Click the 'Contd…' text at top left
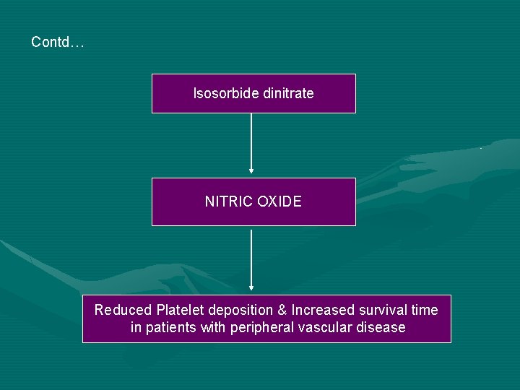(58, 43)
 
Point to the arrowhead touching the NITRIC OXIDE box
(251, 171)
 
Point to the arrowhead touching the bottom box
(251, 288)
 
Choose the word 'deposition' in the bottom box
(240, 310)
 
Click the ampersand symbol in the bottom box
(282, 310)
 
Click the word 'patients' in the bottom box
(170, 328)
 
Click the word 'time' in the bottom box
(424, 310)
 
